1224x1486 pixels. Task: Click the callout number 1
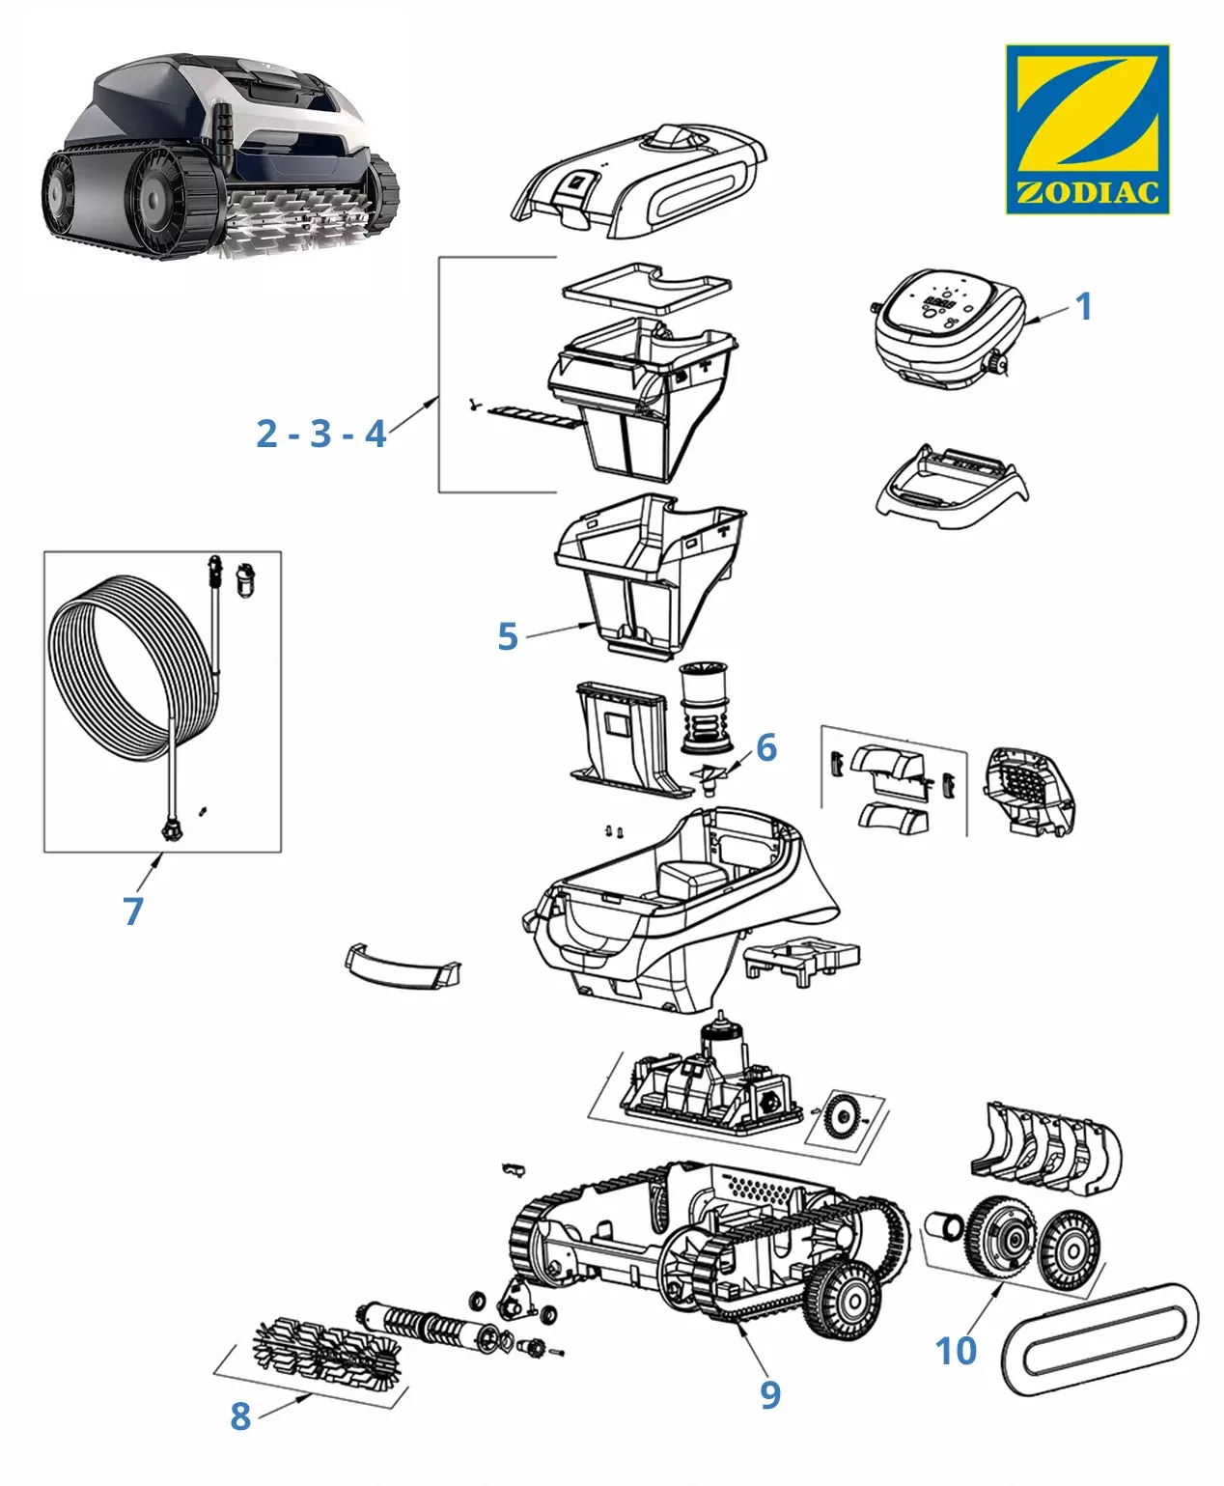1084,307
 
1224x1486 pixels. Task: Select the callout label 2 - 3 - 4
321,434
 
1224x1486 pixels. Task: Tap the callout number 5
508,636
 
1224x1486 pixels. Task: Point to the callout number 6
766,746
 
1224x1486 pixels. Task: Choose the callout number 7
133,911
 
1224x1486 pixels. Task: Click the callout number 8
240,1416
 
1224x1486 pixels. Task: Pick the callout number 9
769,1394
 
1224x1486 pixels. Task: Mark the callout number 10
956,1351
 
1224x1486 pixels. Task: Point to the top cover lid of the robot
637,179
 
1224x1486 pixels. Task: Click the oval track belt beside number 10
1100,1341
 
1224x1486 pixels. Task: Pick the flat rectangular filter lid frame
647,285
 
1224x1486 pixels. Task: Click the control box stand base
949,483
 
